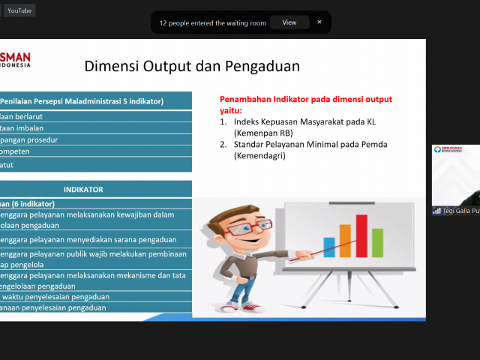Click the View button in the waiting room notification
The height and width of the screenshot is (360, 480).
click(289, 22)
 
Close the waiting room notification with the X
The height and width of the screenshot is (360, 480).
click(319, 22)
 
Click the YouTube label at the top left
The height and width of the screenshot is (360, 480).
click(19, 10)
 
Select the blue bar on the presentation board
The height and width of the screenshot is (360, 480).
click(328, 246)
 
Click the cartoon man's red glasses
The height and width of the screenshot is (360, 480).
click(238, 227)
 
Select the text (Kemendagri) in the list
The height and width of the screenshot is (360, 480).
click(260, 156)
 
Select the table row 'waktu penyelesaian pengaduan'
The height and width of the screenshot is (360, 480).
click(56, 296)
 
